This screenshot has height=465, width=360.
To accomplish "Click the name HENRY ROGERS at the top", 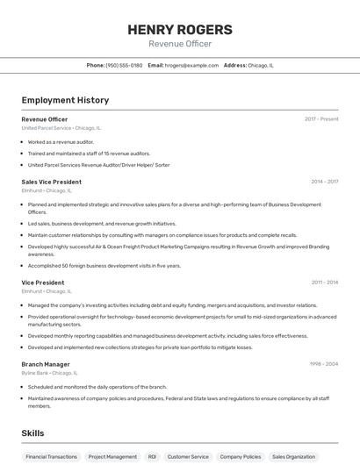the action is pyautogui.click(x=180, y=29).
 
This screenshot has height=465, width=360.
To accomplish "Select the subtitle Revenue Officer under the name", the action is pyautogui.click(x=180, y=44).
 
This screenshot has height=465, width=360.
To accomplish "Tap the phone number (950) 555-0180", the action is pyautogui.click(x=124, y=65).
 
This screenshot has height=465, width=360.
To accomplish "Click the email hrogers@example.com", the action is pyautogui.click(x=191, y=65).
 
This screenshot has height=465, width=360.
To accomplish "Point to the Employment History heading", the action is pyautogui.click(x=65, y=100).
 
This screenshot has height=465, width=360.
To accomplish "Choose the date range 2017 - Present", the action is pyautogui.click(x=321, y=118).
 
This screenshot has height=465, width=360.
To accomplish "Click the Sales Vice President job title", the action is pyautogui.click(x=52, y=182).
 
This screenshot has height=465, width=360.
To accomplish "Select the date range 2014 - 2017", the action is pyautogui.click(x=324, y=182).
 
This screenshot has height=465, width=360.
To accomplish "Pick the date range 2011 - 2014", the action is pyautogui.click(x=324, y=283).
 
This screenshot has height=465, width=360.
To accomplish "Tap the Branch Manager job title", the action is pyautogui.click(x=46, y=364).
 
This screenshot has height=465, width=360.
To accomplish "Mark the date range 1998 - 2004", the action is pyautogui.click(x=323, y=364).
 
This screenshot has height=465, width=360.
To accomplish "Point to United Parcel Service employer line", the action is pyautogui.click(x=61, y=127).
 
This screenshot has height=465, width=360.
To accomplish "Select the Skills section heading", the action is pyautogui.click(x=32, y=433).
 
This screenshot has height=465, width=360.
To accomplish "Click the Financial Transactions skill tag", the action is pyautogui.click(x=51, y=457).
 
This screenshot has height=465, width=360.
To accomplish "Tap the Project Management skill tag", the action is pyautogui.click(x=112, y=457).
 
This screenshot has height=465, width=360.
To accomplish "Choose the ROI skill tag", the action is pyautogui.click(x=152, y=457).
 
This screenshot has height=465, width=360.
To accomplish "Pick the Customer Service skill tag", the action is pyautogui.click(x=188, y=457).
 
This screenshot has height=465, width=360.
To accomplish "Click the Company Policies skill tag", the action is pyautogui.click(x=240, y=457).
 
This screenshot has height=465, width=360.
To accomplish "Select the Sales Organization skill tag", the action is pyautogui.click(x=293, y=457).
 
